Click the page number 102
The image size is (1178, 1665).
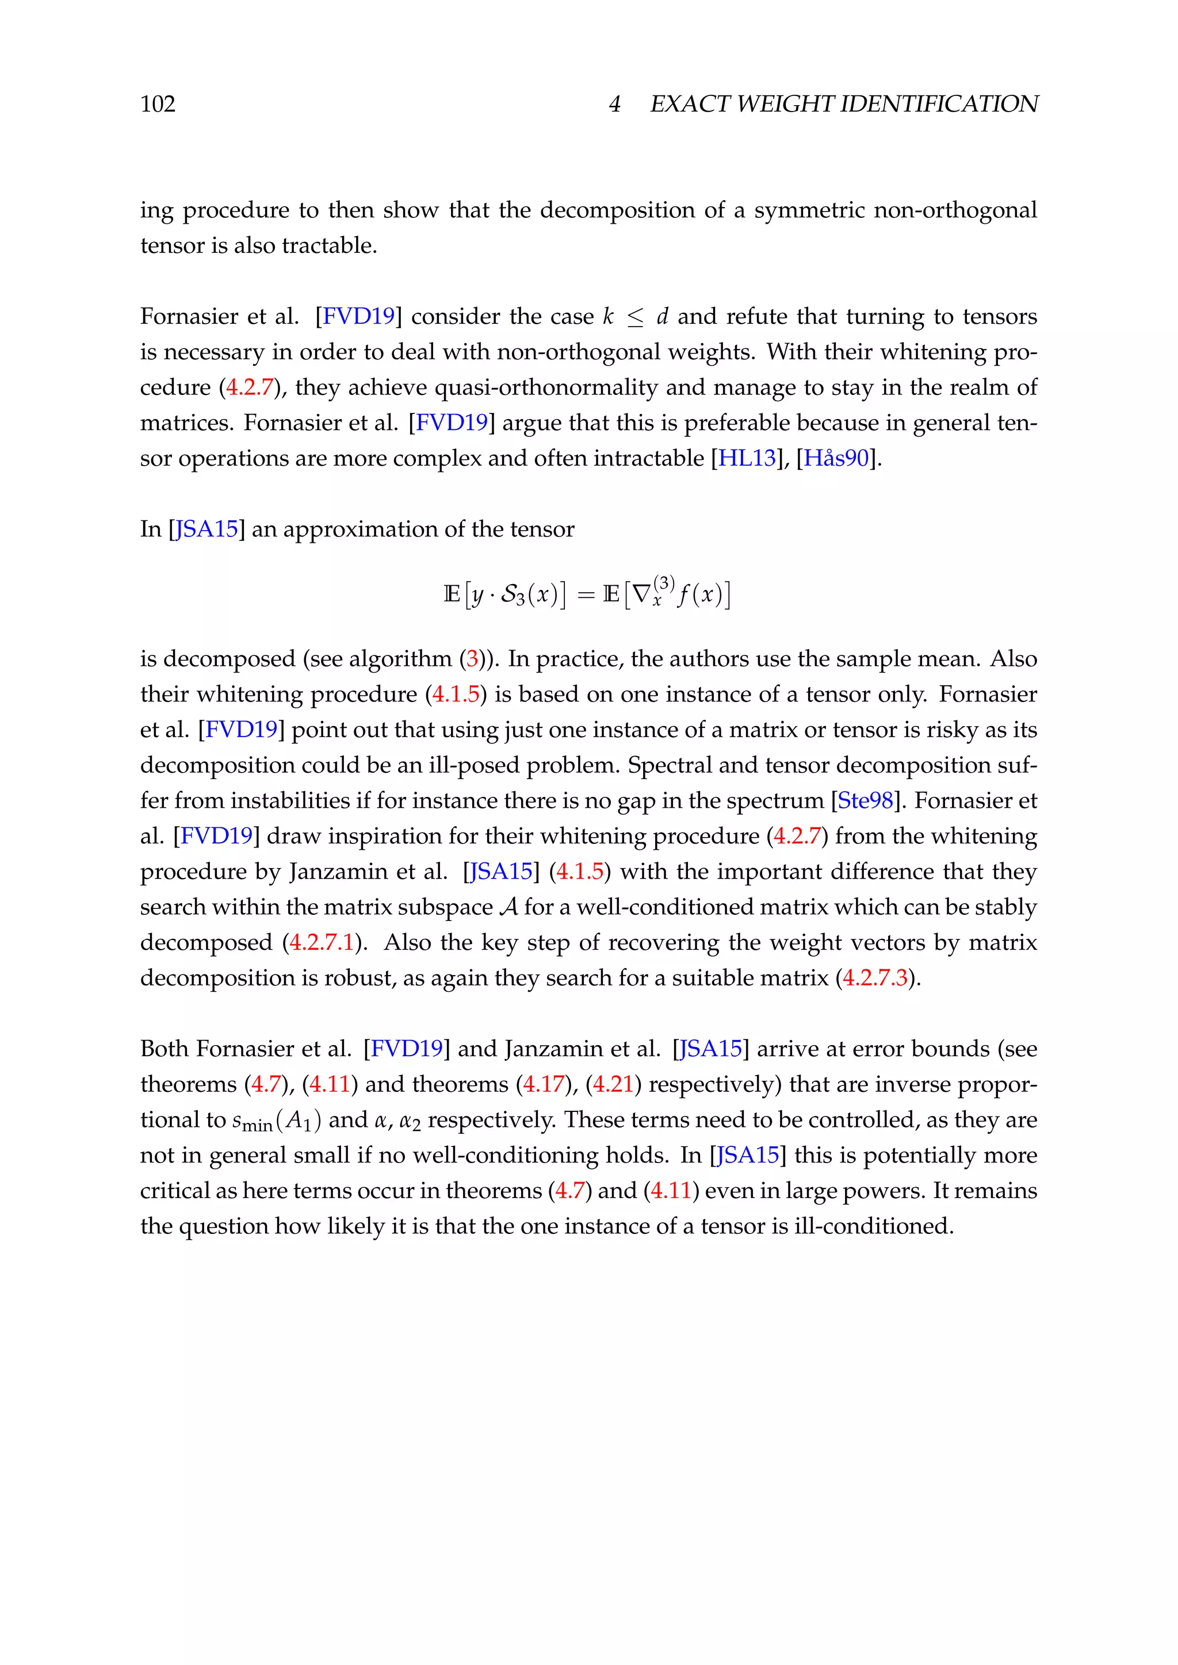tap(158, 105)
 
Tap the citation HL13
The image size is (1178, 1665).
tap(747, 458)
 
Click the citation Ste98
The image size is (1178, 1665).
tap(865, 801)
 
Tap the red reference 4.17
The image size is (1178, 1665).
tap(544, 1085)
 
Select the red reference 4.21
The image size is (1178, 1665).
tap(614, 1085)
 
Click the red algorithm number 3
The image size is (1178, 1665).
tap(472, 659)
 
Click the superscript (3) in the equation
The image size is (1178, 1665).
tap(663, 583)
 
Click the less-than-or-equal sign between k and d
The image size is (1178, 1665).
tap(636, 317)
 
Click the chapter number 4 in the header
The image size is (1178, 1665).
tap(614, 105)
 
